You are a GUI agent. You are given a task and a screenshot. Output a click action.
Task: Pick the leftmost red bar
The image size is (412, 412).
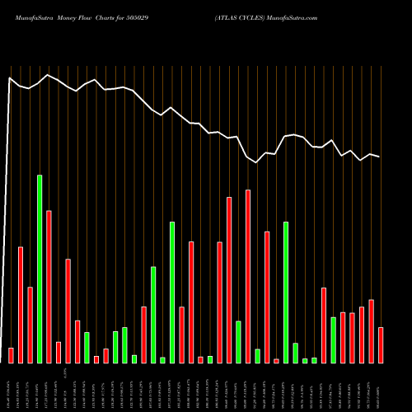[11, 355]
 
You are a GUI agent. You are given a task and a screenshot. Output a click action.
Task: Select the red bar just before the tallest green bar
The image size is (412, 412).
[30, 325]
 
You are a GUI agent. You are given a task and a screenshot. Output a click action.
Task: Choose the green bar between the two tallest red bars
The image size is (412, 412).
[238, 342]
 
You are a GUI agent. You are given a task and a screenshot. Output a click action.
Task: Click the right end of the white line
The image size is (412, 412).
[379, 157]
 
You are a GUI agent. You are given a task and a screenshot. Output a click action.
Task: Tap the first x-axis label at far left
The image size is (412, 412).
[11, 387]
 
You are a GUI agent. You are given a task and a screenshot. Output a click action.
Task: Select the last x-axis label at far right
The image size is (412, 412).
[381, 387]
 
